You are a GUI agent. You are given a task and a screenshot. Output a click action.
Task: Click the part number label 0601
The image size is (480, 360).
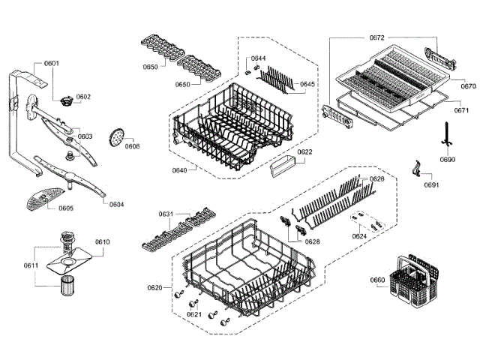[51, 64]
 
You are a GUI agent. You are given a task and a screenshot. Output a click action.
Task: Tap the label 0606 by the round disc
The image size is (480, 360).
[132, 146]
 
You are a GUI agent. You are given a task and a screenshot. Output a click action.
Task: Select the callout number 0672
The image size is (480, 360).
[376, 37]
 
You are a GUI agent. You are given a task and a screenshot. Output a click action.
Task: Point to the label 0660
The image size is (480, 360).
[377, 280]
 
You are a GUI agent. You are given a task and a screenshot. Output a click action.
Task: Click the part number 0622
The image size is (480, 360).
[304, 152]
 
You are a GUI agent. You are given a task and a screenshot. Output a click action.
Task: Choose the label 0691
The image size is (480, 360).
[430, 184]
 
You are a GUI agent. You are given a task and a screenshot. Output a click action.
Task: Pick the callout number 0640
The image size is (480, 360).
[179, 170]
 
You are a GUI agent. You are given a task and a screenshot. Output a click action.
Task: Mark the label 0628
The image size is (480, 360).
[312, 241]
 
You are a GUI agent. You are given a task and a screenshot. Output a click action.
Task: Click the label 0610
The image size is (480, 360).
[103, 241]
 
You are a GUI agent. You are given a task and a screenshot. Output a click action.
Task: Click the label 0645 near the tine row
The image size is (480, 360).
[307, 84]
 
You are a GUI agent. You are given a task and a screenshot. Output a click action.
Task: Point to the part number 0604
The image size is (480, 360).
[116, 204]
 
